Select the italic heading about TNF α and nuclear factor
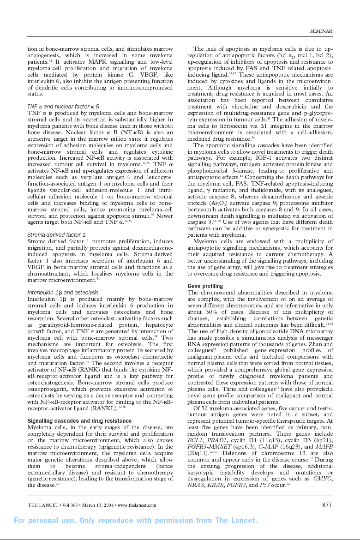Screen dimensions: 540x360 [63, 106]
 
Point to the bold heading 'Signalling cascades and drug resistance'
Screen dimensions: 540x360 [79, 420]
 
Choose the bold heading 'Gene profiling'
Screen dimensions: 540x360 [205, 286]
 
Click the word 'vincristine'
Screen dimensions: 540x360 [246, 107]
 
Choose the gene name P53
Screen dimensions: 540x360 [265, 486]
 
